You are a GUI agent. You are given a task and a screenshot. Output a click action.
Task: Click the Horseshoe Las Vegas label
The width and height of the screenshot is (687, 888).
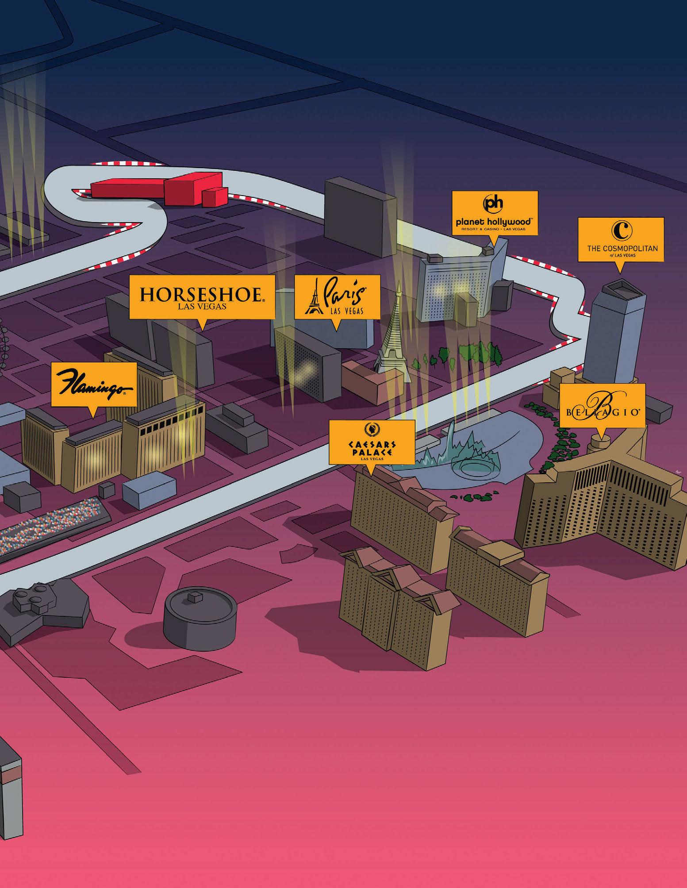click(x=202, y=297)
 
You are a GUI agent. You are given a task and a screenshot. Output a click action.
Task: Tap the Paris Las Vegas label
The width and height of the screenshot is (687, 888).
click(x=337, y=297)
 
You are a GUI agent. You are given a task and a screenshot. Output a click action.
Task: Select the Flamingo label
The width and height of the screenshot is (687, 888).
click(x=94, y=384)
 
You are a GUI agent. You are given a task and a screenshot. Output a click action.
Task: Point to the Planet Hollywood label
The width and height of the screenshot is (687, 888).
click(x=495, y=213)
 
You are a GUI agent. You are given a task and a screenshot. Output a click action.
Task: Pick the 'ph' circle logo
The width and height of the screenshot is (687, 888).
click(x=494, y=204)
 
